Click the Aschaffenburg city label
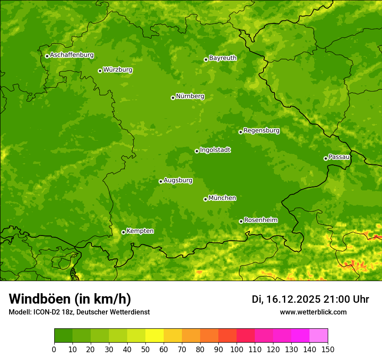coord(72,55)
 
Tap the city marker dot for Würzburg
coord(100,71)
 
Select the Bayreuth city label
coord(223,58)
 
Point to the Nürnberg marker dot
coord(173,98)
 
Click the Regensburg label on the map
coord(261,130)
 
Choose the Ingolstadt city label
coord(215,150)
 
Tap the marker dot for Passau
coord(326,158)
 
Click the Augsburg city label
coord(178,180)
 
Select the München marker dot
coord(205,199)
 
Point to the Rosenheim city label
coord(260,220)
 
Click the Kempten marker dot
coord(123,232)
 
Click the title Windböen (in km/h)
coord(69,299)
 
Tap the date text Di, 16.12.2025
coord(286,299)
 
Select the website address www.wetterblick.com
coord(313,312)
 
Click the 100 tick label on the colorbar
coord(237,350)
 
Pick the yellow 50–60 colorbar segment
coord(155,336)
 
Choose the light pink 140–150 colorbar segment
coord(319,336)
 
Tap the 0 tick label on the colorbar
coord(54,350)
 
